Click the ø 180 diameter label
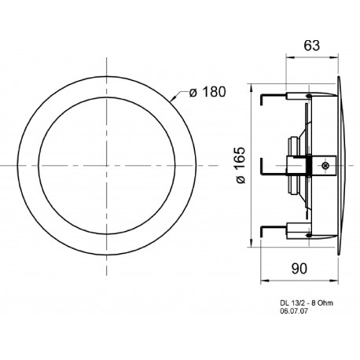point(208,94)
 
